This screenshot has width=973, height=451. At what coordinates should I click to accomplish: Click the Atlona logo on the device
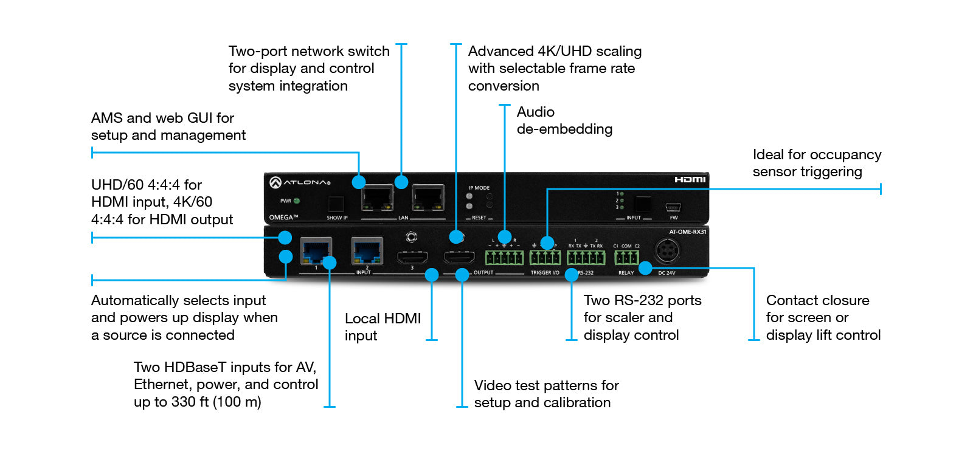[x=300, y=182]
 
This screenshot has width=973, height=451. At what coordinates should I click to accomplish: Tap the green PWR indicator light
[x=297, y=201]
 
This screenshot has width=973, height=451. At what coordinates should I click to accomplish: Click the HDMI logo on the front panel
[x=690, y=179]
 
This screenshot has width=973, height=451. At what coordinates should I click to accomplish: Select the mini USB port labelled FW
[x=673, y=207]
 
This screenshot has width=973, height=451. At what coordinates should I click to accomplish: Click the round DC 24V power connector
[x=667, y=250]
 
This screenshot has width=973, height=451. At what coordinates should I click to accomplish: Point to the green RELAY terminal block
[x=626, y=258]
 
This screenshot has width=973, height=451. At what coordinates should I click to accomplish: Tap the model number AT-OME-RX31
[x=687, y=232]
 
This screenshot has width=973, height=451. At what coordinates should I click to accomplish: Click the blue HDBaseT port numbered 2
[x=367, y=250]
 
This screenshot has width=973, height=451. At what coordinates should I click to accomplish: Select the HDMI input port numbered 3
[x=412, y=258]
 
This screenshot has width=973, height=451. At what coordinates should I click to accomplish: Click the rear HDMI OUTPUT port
[x=459, y=258]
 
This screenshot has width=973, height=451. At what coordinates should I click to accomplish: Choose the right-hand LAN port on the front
[x=428, y=198]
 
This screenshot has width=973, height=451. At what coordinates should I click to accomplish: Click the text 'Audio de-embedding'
[x=564, y=120]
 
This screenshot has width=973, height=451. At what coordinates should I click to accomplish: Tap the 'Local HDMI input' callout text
[x=383, y=327]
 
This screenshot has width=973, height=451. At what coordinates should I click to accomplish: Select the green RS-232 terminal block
[x=586, y=258]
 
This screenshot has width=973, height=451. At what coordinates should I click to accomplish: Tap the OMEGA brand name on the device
[x=283, y=217]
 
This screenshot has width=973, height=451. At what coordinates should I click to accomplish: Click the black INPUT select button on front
[x=642, y=204]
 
